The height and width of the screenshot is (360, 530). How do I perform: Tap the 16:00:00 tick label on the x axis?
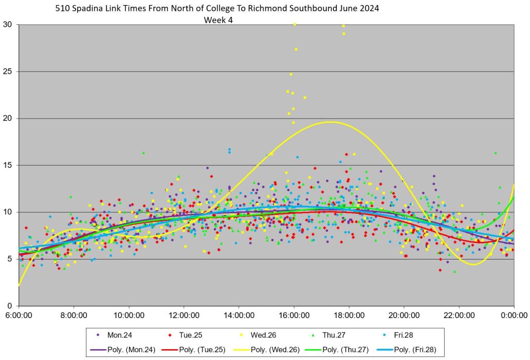click(293, 315)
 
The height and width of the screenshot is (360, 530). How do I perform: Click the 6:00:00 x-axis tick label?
click(19, 315)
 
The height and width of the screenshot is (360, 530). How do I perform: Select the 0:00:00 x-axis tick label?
click(513, 315)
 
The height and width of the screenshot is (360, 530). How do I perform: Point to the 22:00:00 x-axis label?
click(459, 315)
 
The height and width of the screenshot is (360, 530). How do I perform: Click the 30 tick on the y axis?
click(8, 24)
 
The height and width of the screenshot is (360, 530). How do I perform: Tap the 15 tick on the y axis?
click(8, 165)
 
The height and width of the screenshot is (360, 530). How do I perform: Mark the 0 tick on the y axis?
click(10, 306)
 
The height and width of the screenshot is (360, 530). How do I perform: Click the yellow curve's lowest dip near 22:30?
click(473, 265)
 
